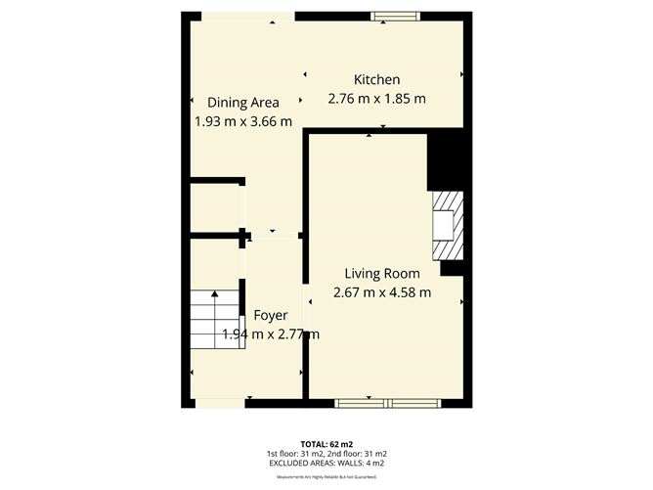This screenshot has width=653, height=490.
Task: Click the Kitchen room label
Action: tap(376, 79)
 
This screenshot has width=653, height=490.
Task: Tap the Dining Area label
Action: tap(242, 102)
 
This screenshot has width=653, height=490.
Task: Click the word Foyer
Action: tap(270, 315)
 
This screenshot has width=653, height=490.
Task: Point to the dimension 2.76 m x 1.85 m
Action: tap(376, 99)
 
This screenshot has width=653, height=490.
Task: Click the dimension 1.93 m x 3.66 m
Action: tap(243, 121)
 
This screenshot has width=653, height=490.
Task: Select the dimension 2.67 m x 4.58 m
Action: tap(382, 292)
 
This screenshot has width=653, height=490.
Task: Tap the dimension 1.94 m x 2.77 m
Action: tap(271, 334)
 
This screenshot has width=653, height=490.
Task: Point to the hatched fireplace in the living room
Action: tap(447, 225)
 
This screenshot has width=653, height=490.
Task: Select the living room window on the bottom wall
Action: tap(386, 402)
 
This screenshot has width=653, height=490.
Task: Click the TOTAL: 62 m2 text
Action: tap(326, 444)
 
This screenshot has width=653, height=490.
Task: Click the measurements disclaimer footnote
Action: tap(326, 476)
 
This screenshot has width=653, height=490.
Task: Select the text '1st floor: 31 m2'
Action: tap(295, 454)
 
